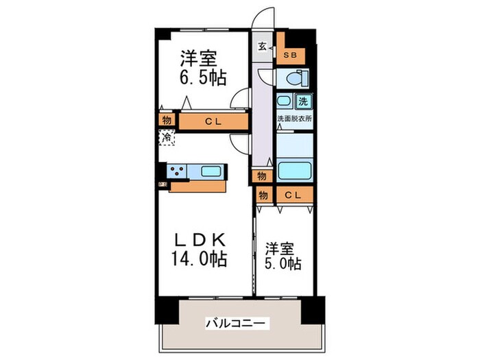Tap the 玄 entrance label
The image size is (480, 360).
pos(263,47)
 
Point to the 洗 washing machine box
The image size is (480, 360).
pos(303,101)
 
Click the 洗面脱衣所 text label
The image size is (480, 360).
pos(294,119)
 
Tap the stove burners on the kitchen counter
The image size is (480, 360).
pos(177,171)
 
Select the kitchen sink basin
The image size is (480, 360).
pos(209,171)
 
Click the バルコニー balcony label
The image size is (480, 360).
pos(237,322)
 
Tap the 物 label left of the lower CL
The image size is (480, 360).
pos(263,195)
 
